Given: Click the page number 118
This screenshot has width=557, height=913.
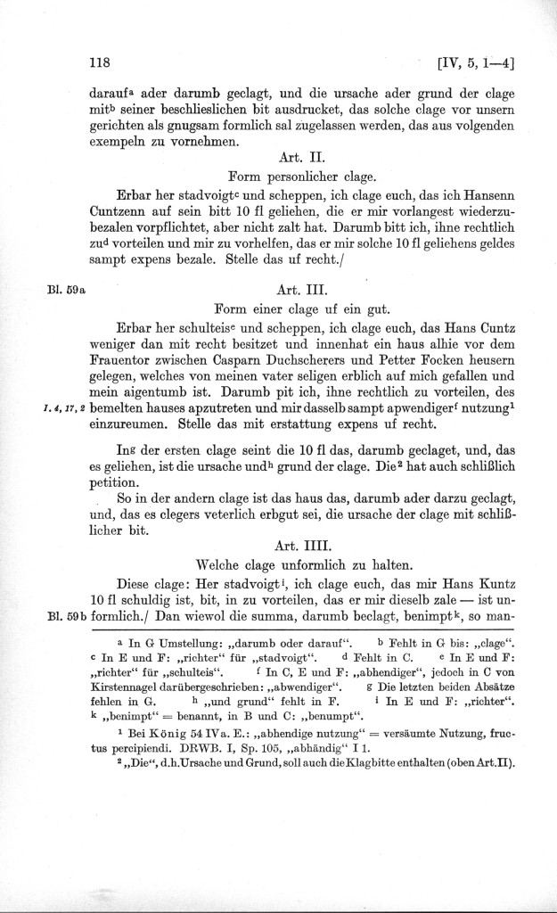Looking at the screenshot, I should (x=99, y=63).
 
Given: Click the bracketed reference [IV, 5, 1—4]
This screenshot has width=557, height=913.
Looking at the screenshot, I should (x=473, y=63).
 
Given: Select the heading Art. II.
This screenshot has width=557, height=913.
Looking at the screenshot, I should (x=306, y=155).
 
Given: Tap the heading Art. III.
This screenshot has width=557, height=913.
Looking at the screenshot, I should (x=306, y=290).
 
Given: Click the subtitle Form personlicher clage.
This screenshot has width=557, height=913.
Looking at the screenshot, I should (x=306, y=175).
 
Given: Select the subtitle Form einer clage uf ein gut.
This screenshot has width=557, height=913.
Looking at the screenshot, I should (x=306, y=309).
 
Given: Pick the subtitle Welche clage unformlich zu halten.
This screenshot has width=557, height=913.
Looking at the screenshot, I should (x=306, y=562).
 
